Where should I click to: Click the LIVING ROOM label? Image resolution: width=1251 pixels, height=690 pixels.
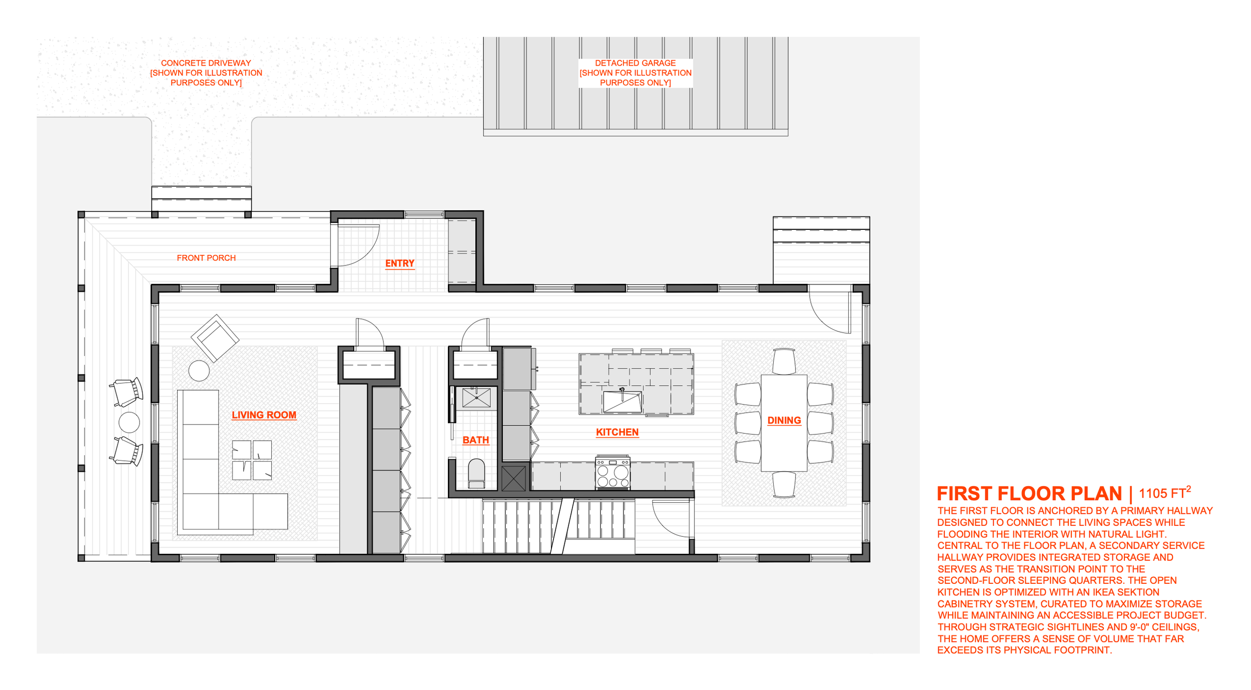point(264,415)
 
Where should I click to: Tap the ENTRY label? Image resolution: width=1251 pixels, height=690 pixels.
point(399,263)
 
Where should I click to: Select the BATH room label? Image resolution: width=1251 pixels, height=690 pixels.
point(475,440)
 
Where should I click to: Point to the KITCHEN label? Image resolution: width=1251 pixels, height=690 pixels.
point(617,432)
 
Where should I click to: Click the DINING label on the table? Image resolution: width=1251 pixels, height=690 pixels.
point(784,421)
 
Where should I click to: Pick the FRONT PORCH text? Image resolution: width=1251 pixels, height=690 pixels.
point(206,258)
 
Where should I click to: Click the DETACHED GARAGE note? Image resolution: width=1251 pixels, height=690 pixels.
point(635,73)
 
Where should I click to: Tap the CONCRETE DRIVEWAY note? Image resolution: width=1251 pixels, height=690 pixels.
point(206,73)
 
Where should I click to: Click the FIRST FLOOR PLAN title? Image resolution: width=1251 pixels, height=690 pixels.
point(1029,494)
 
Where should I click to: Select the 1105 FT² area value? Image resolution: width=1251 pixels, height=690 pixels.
point(1164,493)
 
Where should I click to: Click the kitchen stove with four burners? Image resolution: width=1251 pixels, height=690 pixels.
point(612,473)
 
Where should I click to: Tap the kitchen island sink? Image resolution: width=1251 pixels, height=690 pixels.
point(622,402)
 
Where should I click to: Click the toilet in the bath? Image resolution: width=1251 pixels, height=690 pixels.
point(476,473)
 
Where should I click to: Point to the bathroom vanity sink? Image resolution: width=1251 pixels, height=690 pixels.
point(476,398)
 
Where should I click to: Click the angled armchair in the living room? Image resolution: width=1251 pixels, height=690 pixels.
point(215,338)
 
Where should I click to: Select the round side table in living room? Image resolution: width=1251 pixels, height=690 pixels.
point(199,371)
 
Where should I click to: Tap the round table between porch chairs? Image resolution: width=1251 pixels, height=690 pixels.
point(129,422)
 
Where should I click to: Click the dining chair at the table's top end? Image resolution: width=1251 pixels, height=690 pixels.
point(784,361)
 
